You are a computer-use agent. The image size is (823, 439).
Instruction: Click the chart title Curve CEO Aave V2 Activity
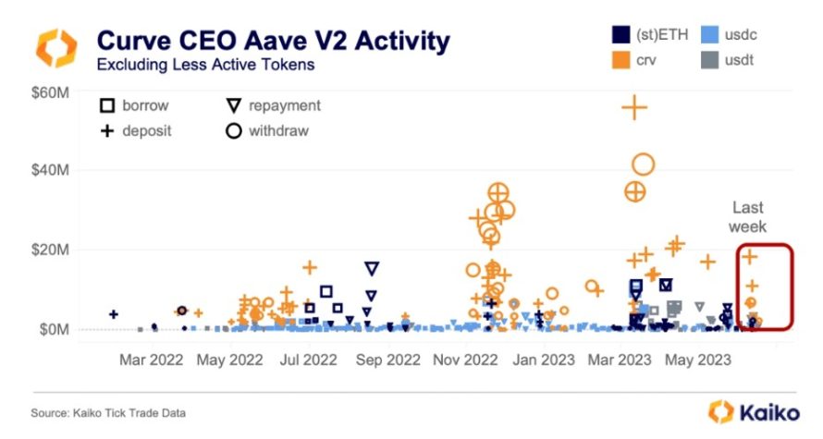pyautogui.click(x=274, y=42)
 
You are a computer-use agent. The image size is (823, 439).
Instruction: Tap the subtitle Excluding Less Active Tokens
pyautogui.click(x=195, y=66)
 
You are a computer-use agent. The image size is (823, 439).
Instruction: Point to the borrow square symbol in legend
pyautogui.click(x=107, y=106)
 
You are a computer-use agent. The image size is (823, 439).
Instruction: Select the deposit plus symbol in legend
pyautogui.click(x=107, y=130)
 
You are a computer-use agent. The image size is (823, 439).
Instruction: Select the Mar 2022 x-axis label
pyautogui.click(x=150, y=359)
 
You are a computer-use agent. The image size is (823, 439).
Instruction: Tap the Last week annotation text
pyautogui.click(x=748, y=217)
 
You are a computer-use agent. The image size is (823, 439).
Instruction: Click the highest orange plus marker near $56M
pyautogui.click(x=634, y=107)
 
